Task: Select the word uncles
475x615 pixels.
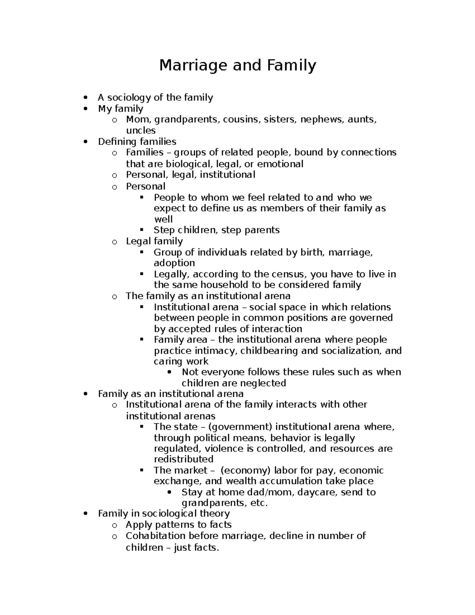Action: click(141, 130)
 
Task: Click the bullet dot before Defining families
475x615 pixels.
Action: click(85, 142)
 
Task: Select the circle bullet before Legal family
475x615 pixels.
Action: click(114, 242)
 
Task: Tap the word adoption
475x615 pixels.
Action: click(174, 263)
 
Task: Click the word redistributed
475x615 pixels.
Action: click(183, 459)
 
